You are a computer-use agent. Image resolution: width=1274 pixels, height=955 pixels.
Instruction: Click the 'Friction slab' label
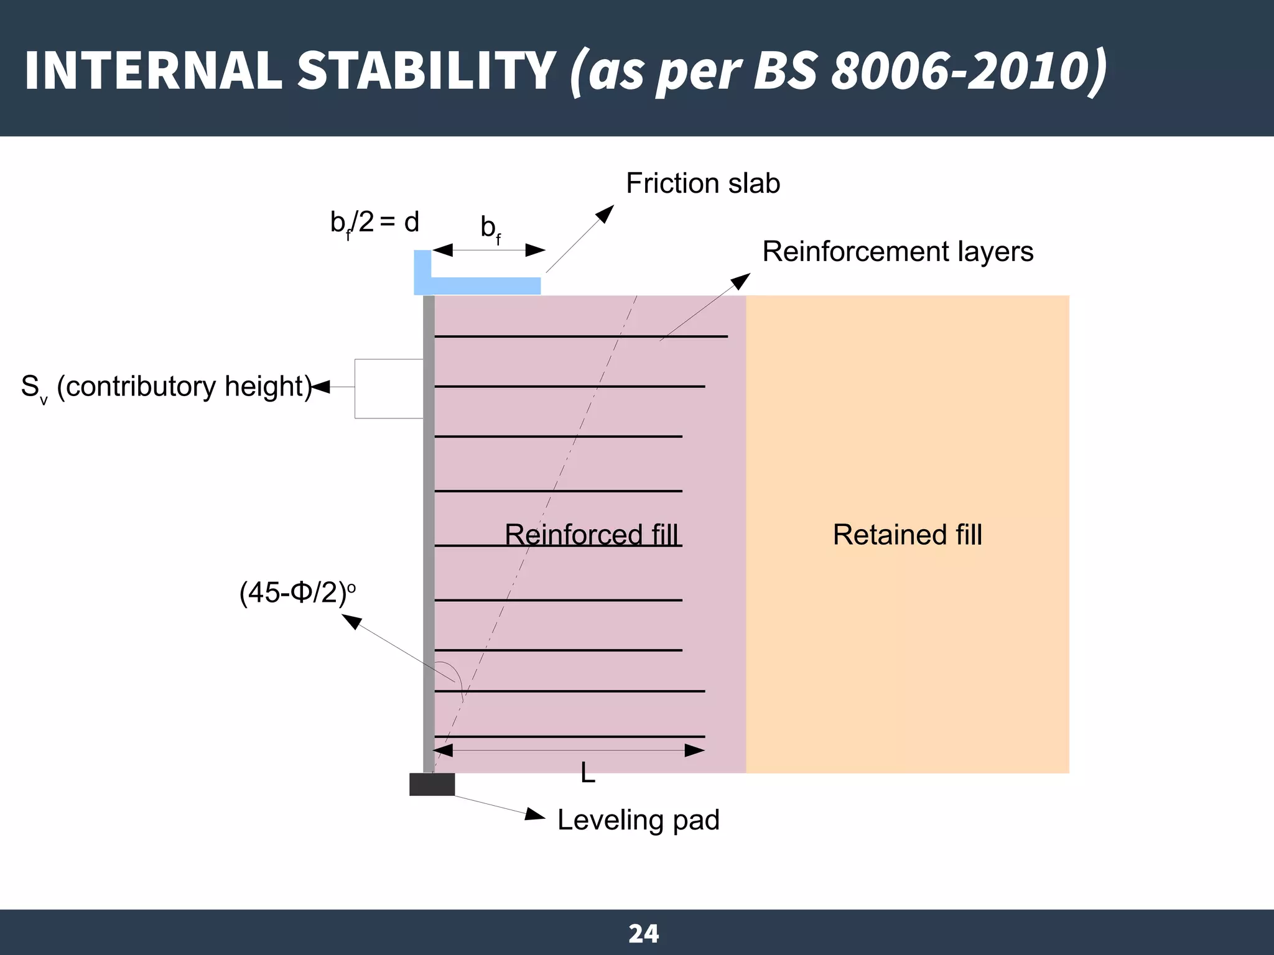pos(702,183)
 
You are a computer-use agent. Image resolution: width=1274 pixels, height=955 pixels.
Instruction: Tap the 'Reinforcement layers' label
pos(897,252)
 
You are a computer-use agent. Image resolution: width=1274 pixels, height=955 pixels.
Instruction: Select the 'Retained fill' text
pos(907,535)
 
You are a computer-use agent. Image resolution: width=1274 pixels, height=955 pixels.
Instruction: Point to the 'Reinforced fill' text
pos(591,535)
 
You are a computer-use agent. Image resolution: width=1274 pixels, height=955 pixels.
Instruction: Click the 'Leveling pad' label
pos(638,820)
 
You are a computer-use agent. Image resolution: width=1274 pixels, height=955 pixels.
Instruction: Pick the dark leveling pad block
pos(432,784)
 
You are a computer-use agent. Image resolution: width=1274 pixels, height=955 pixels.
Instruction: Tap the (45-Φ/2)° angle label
pos(297,593)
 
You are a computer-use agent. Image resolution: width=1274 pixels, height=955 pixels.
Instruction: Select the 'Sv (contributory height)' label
pos(165,387)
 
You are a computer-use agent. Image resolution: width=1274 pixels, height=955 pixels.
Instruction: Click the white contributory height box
pos(388,389)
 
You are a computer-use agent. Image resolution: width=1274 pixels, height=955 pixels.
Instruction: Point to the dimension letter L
pos(587,773)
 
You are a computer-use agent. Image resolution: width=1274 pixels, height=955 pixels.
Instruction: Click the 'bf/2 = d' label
pos(374,223)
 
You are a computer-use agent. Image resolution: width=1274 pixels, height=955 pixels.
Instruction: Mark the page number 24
pos(643,933)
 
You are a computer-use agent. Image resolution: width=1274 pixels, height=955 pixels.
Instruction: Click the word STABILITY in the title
pos(426,70)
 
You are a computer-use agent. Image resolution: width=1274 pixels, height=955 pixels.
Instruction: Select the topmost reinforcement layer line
pos(580,336)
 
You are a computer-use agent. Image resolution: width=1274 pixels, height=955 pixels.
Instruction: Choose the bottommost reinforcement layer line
pos(569,737)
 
